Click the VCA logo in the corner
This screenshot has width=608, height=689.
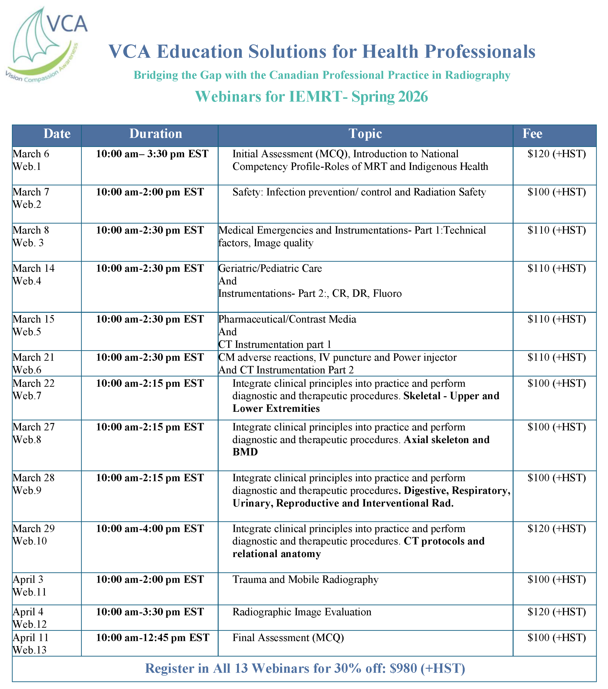pyautogui.click(x=45, y=44)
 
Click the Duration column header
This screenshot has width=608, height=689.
pyautogui.click(x=156, y=134)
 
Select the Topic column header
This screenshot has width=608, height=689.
pyautogui.click(x=365, y=134)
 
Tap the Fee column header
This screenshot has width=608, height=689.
pyautogui.click(x=532, y=134)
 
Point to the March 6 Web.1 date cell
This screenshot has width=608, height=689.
pyautogui.click(x=31, y=160)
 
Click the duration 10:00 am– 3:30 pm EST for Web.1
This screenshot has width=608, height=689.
pyautogui.click(x=152, y=154)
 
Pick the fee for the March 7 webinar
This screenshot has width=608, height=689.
pyautogui.click(x=556, y=192)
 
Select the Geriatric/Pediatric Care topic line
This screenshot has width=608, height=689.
pyautogui.click(x=270, y=268)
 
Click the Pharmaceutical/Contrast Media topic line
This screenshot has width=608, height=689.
pyautogui.click(x=287, y=319)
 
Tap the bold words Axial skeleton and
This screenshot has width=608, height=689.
pyautogui.click(x=446, y=440)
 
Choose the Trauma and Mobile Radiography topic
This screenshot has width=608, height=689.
pyautogui.click(x=305, y=579)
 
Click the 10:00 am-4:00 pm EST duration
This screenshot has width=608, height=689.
pyautogui.click(x=150, y=529)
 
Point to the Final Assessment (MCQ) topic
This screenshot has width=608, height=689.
pyautogui.click(x=288, y=638)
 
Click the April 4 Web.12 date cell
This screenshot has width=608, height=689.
pyautogui.click(x=30, y=618)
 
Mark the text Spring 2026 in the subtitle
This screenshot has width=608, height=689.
pyautogui.click(x=390, y=97)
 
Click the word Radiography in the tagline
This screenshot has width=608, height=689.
pyautogui.click(x=478, y=75)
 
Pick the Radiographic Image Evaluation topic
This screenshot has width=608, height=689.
pyautogui.click(x=302, y=612)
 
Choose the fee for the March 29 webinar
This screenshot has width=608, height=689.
pyautogui.click(x=556, y=529)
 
